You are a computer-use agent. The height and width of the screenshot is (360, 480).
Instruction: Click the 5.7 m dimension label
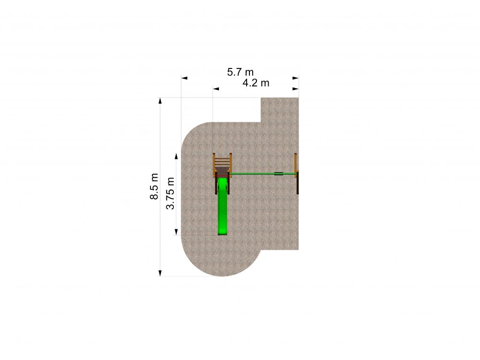(x=240, y=72)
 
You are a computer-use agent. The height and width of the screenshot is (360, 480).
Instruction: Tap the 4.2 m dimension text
(x=256, y=83)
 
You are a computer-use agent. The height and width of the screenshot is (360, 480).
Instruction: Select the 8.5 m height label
(x=154, y=187)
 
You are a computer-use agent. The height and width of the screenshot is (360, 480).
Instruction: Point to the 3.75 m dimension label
(x=170, y=193)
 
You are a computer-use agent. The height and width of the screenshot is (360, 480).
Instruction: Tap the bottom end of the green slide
(x=223, y=235)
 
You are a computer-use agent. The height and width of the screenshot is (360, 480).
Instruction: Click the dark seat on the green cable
(x=279, y=174)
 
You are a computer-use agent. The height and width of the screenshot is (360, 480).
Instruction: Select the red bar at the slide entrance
(x=223, y=177)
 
